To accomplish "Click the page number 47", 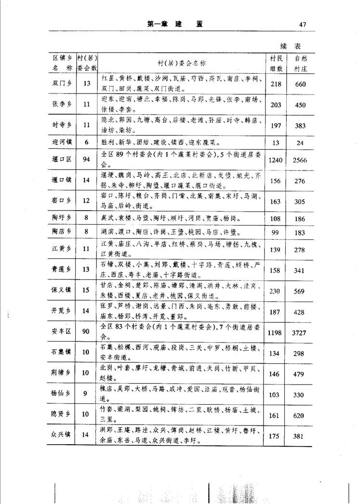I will coord(303,25).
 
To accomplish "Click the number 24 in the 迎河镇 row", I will coord(300,143).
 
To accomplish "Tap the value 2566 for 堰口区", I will coord(300,160).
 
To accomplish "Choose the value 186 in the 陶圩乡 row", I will coord(300,219).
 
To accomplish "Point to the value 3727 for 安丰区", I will coord(300,332).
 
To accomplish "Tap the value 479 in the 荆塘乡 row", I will coord(300,373).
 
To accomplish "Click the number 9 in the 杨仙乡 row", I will coord(86,394).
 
